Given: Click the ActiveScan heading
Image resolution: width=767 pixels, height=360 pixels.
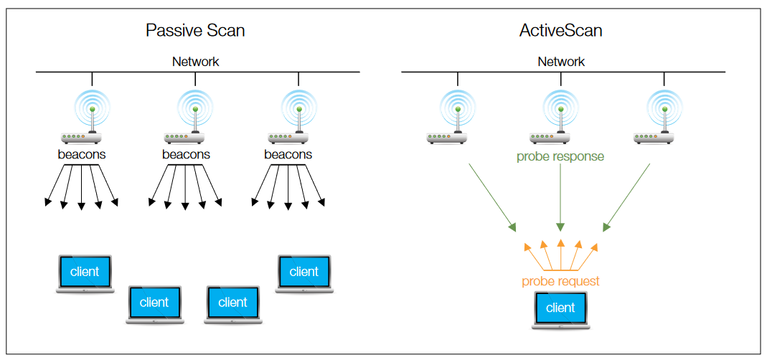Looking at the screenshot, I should click(560, 30).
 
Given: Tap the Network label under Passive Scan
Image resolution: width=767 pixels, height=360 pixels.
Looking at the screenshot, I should click(195, 62).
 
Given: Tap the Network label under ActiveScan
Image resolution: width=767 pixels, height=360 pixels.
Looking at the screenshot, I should click(561, 62).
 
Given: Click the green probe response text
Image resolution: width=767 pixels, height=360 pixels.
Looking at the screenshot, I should click(560, 156).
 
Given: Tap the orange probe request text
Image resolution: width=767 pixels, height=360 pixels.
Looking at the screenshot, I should click(560, 281).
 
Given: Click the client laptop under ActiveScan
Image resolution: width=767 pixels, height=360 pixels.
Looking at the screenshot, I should click(560, 309).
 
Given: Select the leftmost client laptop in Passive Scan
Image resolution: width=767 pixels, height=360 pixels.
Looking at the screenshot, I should click(85, 273).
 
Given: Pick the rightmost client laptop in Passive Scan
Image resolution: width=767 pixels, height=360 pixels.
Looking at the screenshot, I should click(303, 273).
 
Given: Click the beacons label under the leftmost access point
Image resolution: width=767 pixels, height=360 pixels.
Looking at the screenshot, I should click(82, 154).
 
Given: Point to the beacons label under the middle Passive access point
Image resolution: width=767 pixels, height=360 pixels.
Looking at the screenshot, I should click(186, 154).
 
